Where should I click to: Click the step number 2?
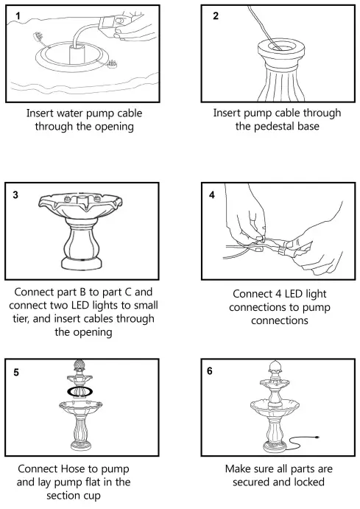point(215,15)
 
